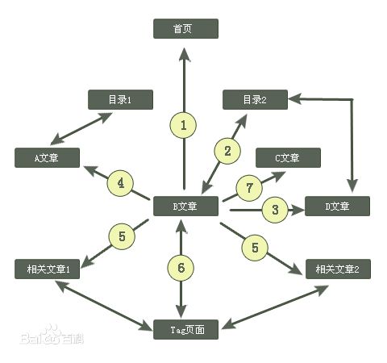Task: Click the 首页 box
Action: (185, 28)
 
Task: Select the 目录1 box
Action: (120, 99)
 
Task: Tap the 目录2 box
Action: (255, 99)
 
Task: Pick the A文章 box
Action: (47, 157)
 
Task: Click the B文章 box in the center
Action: (185, 206)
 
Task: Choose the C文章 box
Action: (288, 157)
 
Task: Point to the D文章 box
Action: (337, 206)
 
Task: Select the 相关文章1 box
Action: (47, 269)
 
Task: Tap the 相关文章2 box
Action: (338, 269)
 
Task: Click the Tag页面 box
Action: (185, 329)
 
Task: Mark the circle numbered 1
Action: (183, 125)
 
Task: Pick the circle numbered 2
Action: (227, 151)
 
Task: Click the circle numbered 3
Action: (275, 210)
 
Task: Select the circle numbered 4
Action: (120, 183)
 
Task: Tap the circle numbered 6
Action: (181, 268)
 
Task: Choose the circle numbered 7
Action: (249, 188)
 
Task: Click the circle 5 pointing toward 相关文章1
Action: (122, 236)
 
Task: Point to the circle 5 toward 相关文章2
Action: (255, 248)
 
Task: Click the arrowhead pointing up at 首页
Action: (185, 55)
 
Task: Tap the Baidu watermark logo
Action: (52, 336)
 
